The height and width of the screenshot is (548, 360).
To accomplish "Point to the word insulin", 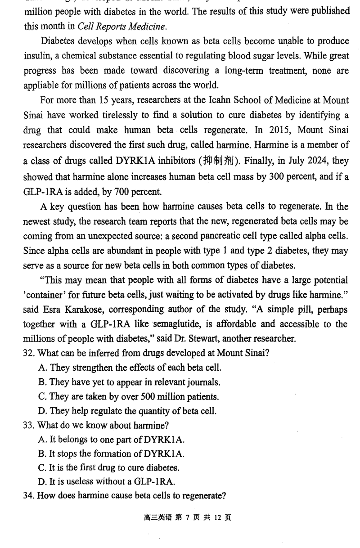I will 37,56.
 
